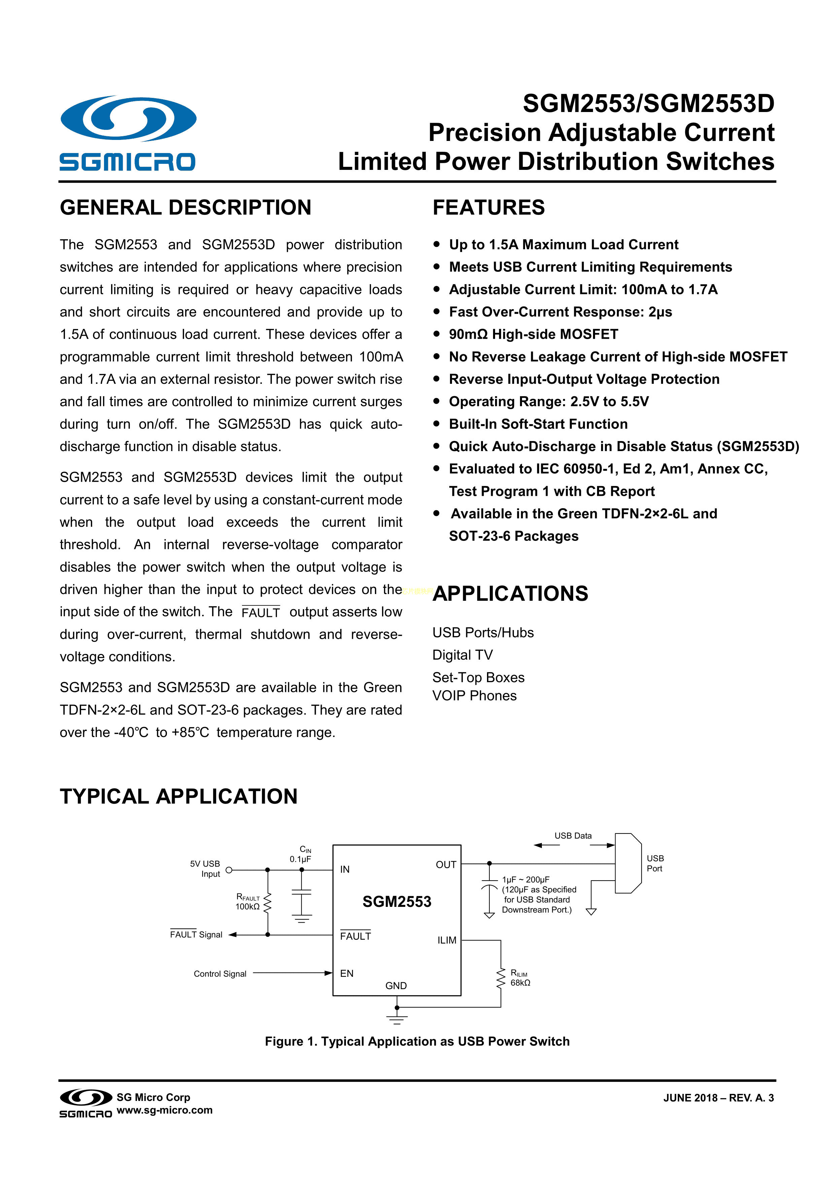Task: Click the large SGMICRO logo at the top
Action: [x=128, y=133]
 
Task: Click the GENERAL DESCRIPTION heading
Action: [x=186, y=208]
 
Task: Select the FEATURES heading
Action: [x=488, y=208]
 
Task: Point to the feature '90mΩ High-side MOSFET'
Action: [x=533, y=335]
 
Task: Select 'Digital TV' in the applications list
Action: [x=462, y=655]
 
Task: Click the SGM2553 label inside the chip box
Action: [x=396, y=902]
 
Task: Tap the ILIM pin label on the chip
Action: [x=446, y=940]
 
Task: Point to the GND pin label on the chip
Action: [x=396, y=985]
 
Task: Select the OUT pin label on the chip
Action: [x=446, y=865]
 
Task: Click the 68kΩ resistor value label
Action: [x=520, y=983]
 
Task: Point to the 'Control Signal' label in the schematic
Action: [x=220, y=973]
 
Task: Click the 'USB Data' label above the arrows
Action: [x=573, y=836]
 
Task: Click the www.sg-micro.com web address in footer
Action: [x=165, y=1110]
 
